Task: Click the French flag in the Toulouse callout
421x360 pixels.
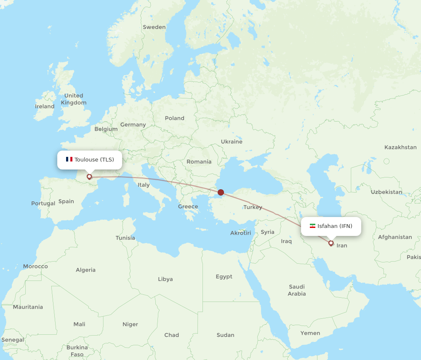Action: coord(69,159)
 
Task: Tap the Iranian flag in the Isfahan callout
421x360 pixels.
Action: coord(312,226)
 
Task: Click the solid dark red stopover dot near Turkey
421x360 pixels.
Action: coord(221,192)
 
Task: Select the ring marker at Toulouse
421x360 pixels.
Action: coord(89,177)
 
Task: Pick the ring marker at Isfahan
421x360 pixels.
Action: coord(331,243)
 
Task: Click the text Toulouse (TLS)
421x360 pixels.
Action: coord(94,159)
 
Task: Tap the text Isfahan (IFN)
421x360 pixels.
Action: coord(335,226)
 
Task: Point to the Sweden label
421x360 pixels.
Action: coord(154,27)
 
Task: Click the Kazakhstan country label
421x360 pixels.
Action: coord(400,147)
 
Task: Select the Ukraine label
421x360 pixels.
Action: coord(232,141)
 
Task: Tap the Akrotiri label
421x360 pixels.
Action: coord(240,233)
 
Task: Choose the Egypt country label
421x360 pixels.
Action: coord(224,276)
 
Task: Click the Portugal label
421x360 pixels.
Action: coord(43,203)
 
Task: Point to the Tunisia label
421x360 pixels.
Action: coord(125,238)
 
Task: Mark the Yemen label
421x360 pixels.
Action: coord(310,333)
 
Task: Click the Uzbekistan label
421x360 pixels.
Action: coord(386,192)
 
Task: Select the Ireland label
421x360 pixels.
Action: coord(45,106)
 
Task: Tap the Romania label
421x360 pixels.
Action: coord(199,161)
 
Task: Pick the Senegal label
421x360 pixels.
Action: coord(13,339)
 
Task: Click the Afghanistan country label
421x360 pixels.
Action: coord(395,237)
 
